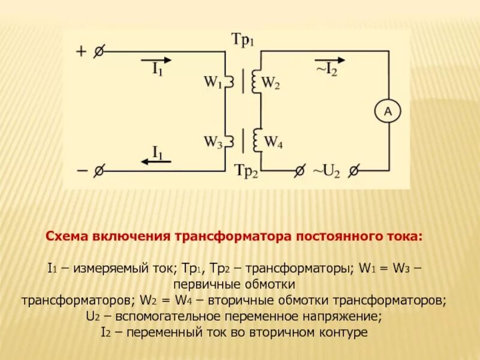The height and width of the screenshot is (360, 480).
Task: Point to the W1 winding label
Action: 212,83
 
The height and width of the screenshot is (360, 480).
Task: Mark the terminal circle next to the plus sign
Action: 99,52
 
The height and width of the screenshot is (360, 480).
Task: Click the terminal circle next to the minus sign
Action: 99,171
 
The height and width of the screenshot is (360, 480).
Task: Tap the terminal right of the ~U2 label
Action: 354,171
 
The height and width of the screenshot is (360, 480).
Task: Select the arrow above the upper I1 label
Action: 157,60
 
